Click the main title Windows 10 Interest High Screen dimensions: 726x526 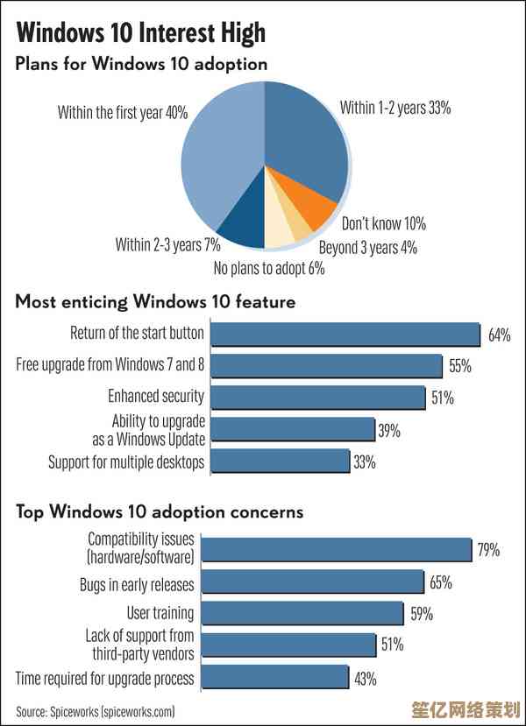[140, 33]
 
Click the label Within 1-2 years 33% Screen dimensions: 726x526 [395, 109]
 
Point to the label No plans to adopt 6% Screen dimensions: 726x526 [269, 269]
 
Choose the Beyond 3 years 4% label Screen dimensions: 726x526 [367, 248]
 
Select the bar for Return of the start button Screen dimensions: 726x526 [345, 334]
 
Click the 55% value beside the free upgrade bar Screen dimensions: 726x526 [459, 366]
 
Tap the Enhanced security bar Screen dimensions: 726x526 [318, 398]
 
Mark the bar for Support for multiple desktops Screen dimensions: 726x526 [281, 462]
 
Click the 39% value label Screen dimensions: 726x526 [389, 430]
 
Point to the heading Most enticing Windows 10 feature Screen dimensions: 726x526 [155, 302]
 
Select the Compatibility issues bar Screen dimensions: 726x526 [342, 550]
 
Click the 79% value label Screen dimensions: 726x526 [488, 550]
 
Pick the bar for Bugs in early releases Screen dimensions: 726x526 [318, 582]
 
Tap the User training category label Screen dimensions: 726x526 [160, 613]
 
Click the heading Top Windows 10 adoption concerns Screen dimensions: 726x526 [160, 511]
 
